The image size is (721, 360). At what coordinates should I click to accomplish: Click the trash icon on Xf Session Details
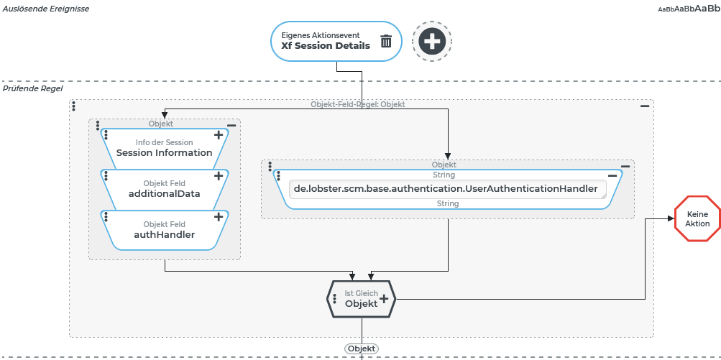pos(386,41)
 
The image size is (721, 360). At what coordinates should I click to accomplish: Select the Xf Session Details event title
pos(326,45)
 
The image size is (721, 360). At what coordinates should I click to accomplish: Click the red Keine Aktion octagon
pos(697,219)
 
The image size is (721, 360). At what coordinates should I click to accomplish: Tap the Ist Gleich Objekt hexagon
pos(355,299)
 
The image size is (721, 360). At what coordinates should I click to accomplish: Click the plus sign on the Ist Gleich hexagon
pos(384,298)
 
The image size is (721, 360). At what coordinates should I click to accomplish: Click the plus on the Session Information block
pos(219,135)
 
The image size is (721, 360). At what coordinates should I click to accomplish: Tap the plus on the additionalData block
pos(219,176)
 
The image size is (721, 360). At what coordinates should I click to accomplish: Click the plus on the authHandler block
pos(219,217)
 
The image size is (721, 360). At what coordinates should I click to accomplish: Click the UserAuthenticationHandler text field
pos(446,189)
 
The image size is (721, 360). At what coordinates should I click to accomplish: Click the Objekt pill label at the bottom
pos(362,349)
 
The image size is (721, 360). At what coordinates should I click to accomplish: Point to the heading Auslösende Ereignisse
pos(46,9)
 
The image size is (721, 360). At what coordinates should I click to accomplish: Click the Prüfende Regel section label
pos(33,88)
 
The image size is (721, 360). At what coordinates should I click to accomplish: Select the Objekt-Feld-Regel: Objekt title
pos(357,104)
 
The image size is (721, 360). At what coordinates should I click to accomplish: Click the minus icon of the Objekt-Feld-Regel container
pos(645,106)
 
